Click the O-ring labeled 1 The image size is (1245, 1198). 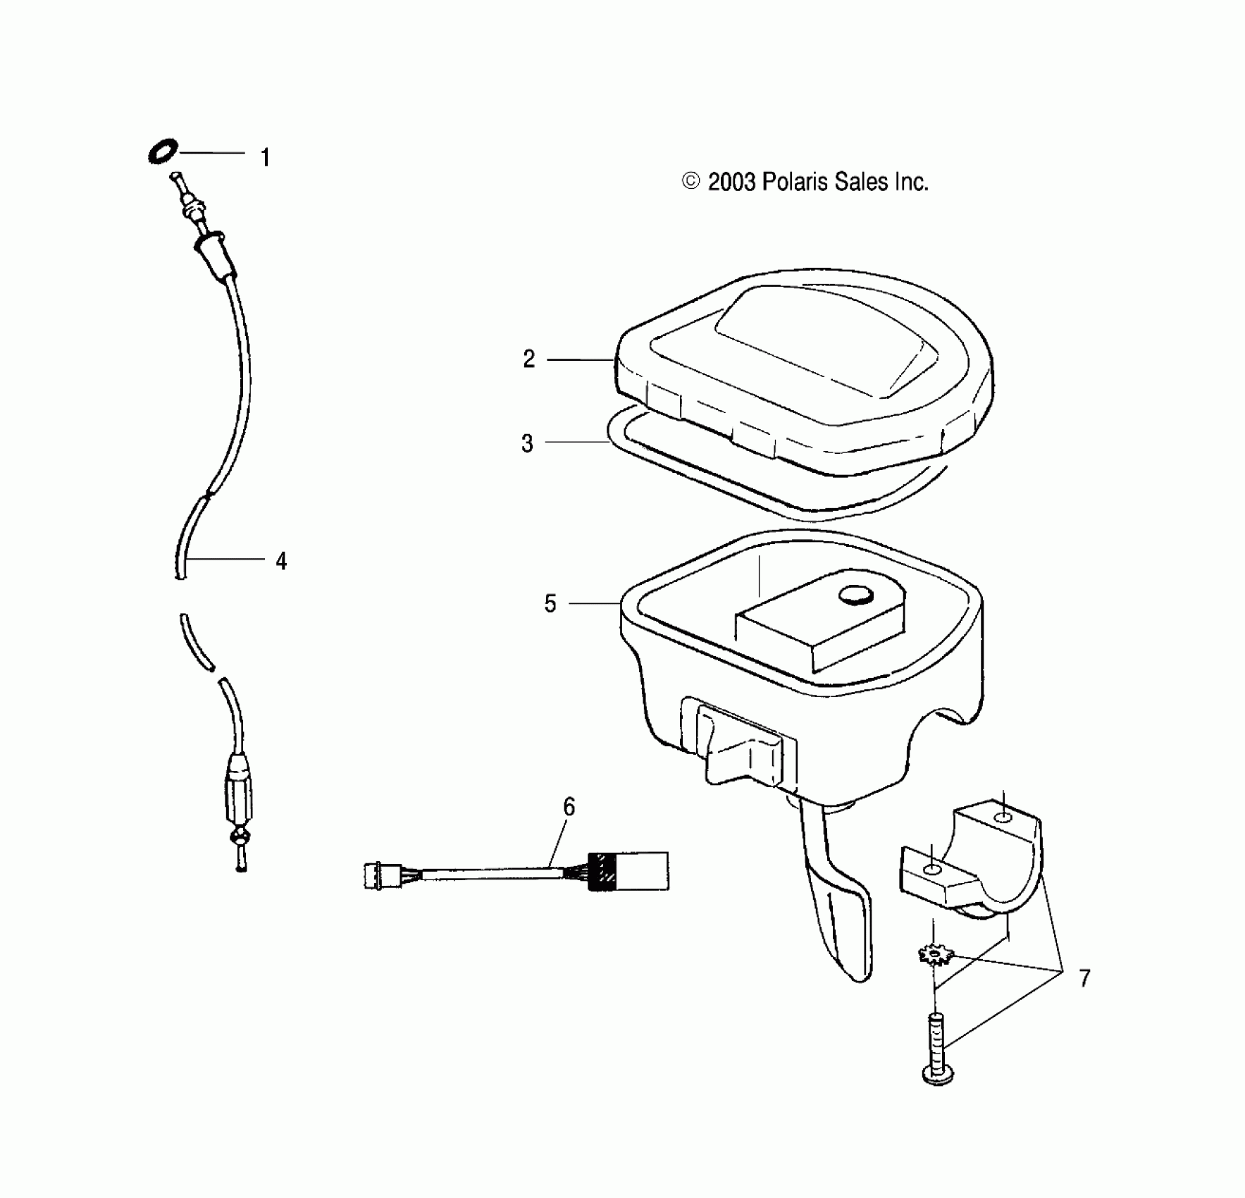point(163,152)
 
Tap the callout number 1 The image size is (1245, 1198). point(265,158)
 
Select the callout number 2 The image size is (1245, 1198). point(529,359)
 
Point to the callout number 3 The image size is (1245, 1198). point(527,443)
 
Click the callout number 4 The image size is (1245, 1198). point(281,562)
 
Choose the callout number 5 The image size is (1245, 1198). point(550,604)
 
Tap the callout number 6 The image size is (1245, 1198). point(569,806)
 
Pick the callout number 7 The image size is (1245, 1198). point(1084,978)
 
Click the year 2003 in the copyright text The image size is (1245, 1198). point(733,183)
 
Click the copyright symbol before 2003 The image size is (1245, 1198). point(691,182)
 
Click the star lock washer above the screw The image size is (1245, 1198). point(936,956)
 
